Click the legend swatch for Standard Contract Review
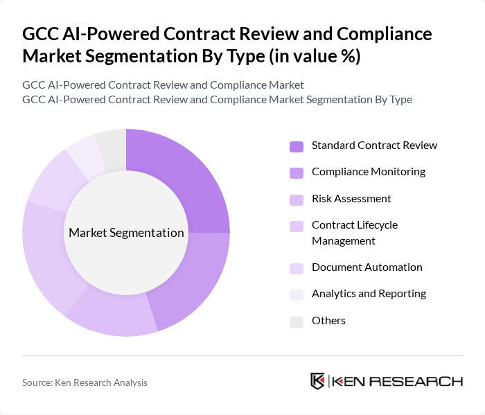[297, 146]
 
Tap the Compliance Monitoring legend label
[369, 172]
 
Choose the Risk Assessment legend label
[351, 199]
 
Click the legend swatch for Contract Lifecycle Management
[297, 226]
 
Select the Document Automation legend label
[367, 267]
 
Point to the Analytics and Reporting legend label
[369, 294]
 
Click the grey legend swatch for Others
[297, 321]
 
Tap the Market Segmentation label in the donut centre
[126, 233]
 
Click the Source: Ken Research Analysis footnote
[85, 382]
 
